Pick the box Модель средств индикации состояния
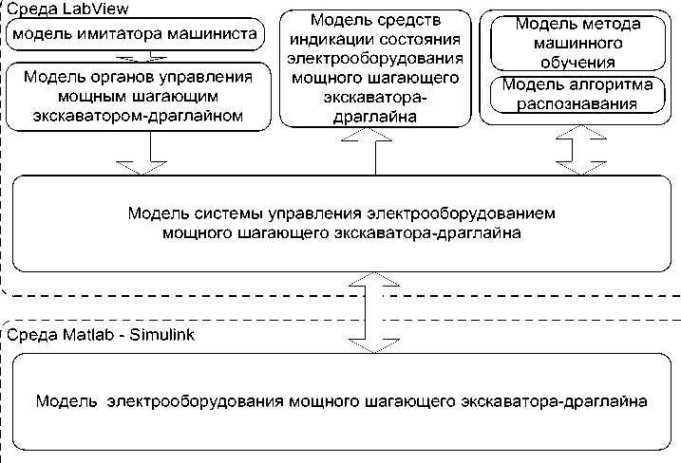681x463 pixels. tap(376, 68)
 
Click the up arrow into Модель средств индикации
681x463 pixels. tap(376, 150)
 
